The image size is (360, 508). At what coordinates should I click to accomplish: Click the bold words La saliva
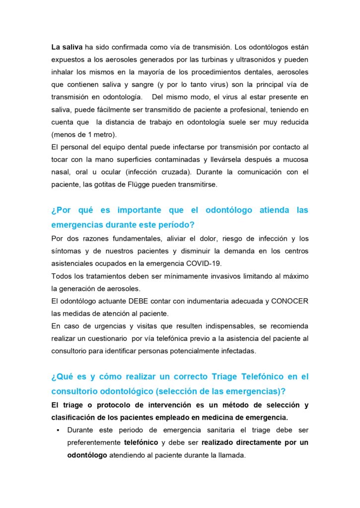(67, 48)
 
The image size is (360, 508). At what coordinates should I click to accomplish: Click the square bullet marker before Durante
(59, 430)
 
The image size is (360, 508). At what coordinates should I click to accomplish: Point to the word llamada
(233, 455)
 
